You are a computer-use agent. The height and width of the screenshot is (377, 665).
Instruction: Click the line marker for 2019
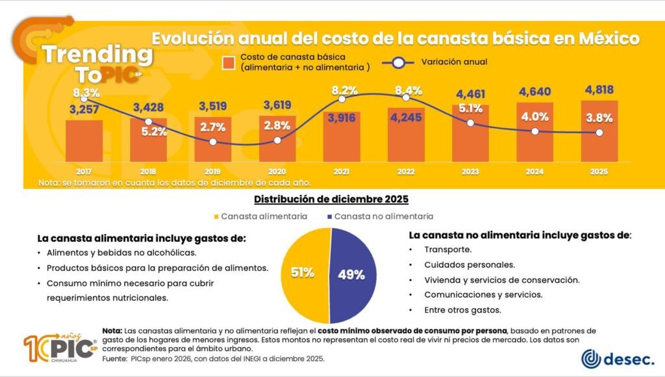(x=213, y=142)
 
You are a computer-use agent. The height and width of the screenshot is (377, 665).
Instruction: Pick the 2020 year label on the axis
(x=277, y=172)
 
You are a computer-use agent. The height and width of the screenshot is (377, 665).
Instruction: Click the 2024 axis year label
(x=534, y=172)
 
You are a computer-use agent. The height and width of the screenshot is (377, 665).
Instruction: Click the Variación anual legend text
(x=454, y=62)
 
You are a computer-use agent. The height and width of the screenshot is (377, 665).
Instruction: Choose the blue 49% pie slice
(x=354, y=273)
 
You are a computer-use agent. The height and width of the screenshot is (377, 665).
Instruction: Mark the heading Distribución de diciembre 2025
(x=331, y=199)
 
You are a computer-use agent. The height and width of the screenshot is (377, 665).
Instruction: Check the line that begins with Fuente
(x=217, y=359)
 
